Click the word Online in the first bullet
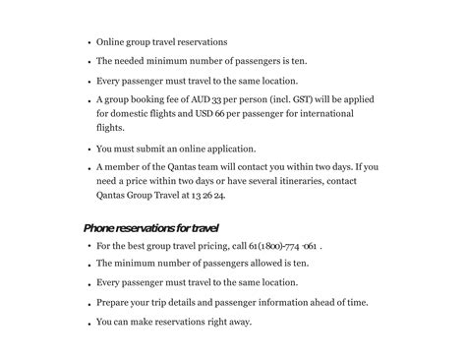pyautogui.click(x=111, y=42)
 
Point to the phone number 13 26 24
pyautogui.click(x=208, y=196)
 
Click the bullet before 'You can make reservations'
pyautogui.click(x=89, y=323)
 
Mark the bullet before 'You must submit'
pyautogui.click(x=89, y=150)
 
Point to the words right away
pyautogui.click(x=229, y=322)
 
